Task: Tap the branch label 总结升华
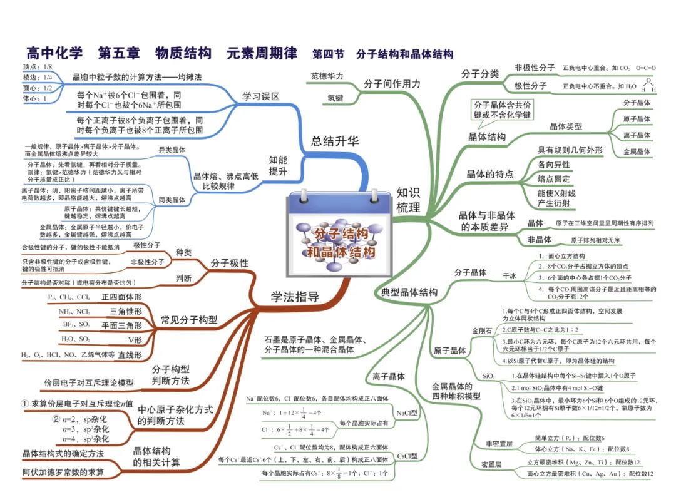click(x=335, y=141)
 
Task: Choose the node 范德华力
click(x=327, y=76)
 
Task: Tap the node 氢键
click(x=335, y=98)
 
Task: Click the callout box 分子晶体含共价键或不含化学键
click(x=502, y=110)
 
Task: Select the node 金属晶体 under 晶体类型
click(x=637, y=152)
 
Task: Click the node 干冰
click(x=510, y=275)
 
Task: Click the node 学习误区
click(x=261, y=96)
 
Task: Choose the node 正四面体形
click(x=121, y=297)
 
